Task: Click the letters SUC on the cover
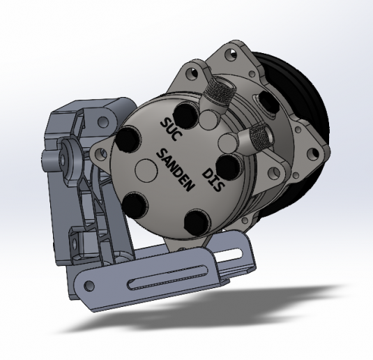(171, 130)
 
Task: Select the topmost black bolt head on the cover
(184, 114)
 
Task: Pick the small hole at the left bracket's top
(103, 121)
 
